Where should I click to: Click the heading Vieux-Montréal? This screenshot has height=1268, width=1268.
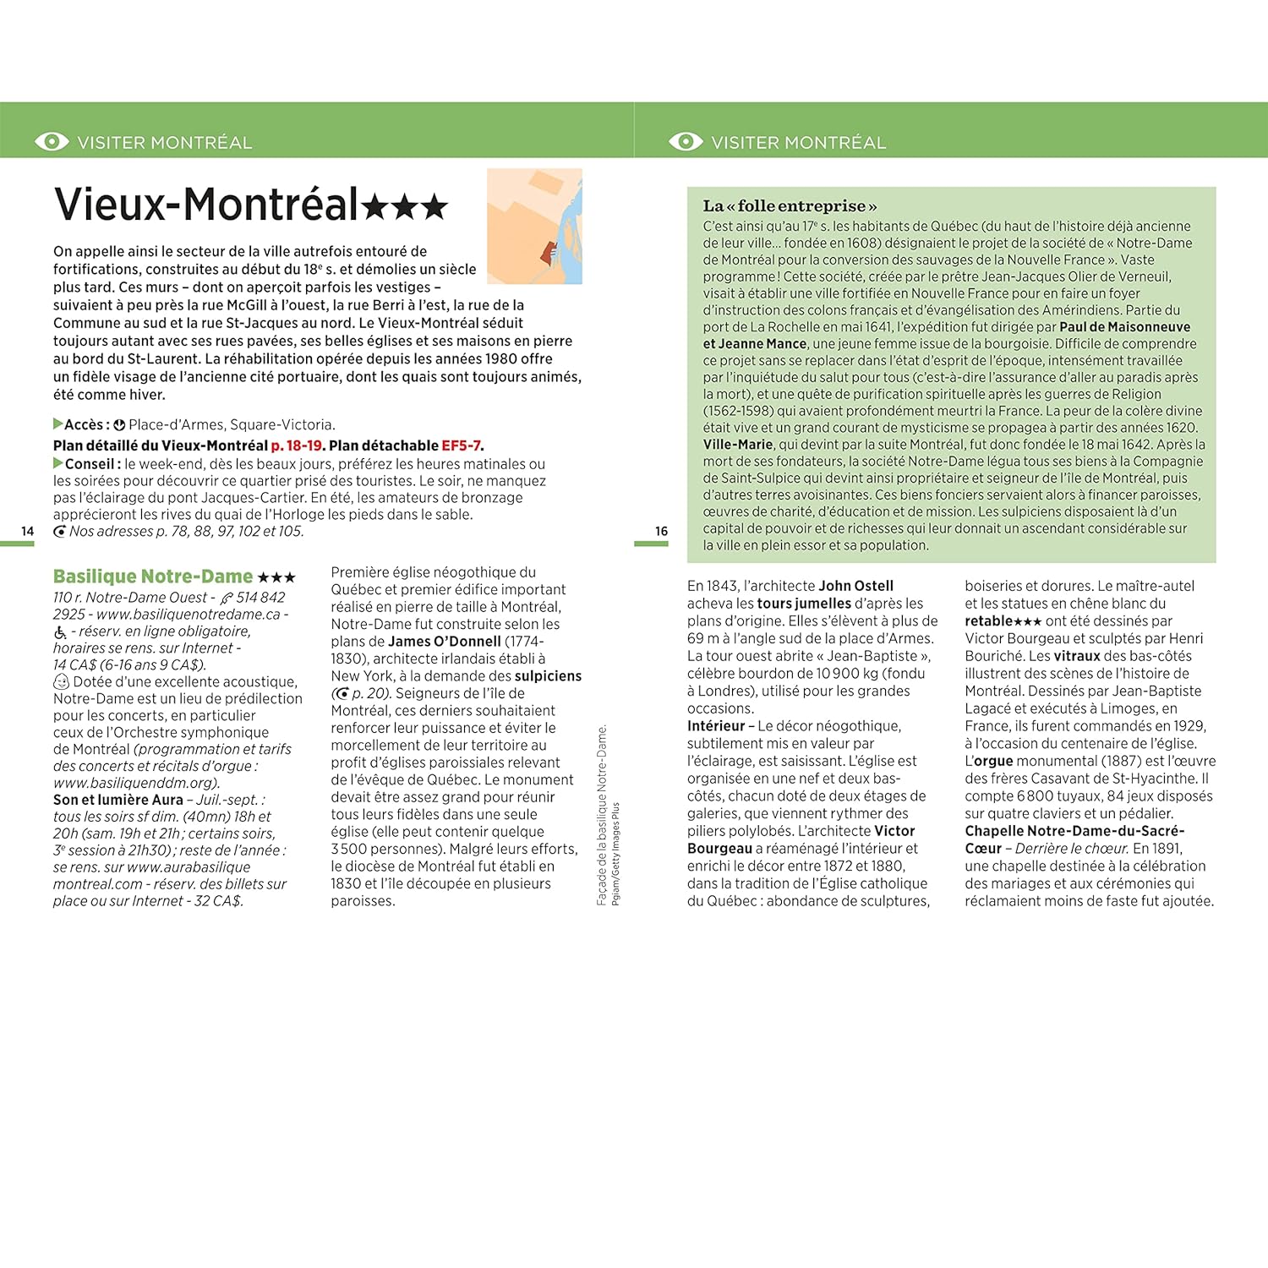[206, 205]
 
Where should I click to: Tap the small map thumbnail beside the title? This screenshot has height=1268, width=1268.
[534, 226]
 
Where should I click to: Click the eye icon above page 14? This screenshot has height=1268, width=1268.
[52, 142]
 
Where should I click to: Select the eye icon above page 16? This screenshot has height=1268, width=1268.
[686, 142]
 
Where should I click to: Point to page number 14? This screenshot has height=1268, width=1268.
[28, 532]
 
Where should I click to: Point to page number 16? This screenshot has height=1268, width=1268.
[661, 532]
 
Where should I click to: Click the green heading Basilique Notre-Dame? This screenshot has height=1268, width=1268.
[153, 577]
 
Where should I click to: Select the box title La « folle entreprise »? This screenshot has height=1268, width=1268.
[790, 206]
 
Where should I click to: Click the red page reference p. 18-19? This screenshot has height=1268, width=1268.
[297, 445]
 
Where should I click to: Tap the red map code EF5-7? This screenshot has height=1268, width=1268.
[461, 445]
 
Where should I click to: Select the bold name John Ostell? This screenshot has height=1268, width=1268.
[855, 586]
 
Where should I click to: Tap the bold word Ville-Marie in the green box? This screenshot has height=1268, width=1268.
[738, 445]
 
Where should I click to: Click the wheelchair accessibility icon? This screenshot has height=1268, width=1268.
[61, 632]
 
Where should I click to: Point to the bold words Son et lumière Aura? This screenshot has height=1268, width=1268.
[118, 800]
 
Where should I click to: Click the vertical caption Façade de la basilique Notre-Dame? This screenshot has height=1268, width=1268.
[602, 815]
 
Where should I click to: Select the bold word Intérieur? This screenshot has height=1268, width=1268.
[716, 726]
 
